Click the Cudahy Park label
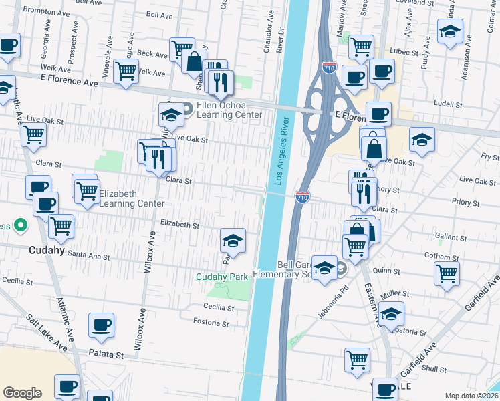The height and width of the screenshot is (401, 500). [222, 277]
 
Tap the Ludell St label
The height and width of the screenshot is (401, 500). [448, 105]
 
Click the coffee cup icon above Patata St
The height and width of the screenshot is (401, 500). [102, 325]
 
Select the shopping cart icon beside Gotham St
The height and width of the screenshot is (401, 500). [446, 273]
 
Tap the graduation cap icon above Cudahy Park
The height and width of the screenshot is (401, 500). [233, 239]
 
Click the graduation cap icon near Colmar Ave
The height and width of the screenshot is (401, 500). [450, 31]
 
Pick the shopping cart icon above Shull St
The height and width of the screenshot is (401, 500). [357, 359]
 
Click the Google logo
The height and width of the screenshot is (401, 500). [23, 393]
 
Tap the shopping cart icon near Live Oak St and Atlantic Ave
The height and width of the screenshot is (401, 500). [33, 134]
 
